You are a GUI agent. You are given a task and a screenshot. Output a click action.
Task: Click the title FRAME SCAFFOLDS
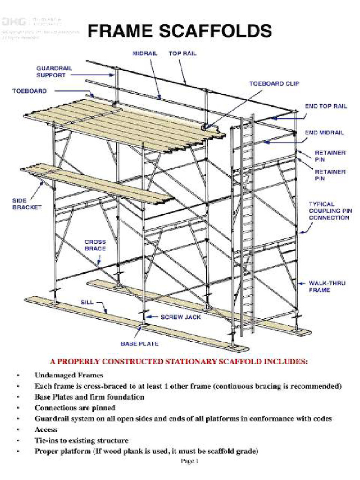(180, 32)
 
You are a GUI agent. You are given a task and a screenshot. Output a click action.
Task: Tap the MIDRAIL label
(144, 53)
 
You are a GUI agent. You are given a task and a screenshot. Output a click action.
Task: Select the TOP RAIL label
(182, 53)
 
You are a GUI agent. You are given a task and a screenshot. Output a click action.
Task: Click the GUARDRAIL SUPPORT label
(54, 71)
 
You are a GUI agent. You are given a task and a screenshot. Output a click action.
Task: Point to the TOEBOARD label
(29, 90)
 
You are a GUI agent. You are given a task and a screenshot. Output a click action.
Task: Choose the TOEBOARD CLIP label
(274, 83)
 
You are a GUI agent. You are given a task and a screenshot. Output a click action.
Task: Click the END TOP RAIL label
(326, 106)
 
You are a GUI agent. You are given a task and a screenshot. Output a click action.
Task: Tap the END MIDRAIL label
(324, 133)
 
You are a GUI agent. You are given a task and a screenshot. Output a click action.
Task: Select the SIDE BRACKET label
(27, 204)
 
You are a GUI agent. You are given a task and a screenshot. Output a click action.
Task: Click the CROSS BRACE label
(95, 245)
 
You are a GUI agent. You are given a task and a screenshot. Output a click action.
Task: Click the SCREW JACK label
(180, 317)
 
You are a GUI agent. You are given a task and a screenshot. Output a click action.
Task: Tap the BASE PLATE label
(140, 344)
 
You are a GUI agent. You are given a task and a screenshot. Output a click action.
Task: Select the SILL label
(87, 302)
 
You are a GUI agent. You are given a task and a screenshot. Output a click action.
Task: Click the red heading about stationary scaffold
(180, 361)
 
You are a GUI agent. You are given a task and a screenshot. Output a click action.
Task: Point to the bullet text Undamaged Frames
(68, 375)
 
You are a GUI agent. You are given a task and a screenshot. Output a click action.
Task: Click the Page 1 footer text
(190, 461)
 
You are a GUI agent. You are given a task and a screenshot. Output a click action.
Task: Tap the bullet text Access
(46, 429)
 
